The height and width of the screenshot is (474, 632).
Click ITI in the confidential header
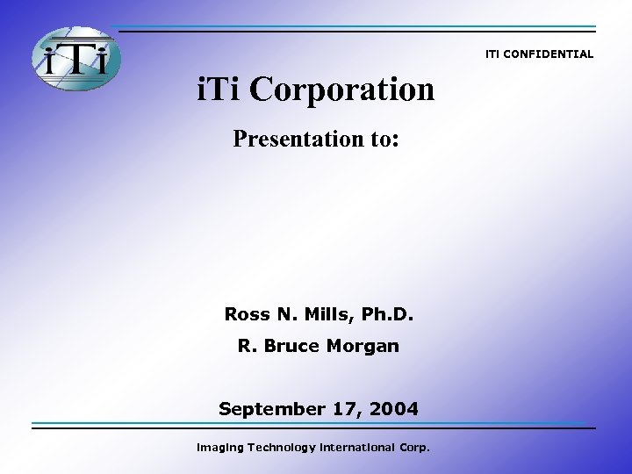[493, 54]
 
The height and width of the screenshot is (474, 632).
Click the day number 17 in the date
[341, 409]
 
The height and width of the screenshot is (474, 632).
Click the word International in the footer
[358, 448]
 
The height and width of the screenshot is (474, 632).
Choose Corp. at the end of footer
[413, 448]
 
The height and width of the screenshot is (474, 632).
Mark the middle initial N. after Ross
[286, 314]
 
